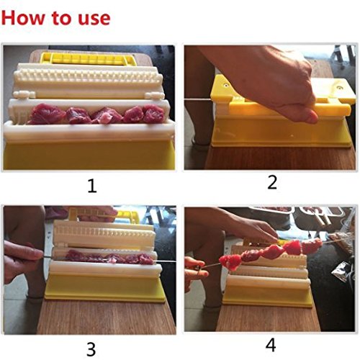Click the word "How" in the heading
coord(23,17)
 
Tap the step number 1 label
coord(92,186)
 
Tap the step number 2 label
coord(272,183)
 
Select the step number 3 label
coord(91,349)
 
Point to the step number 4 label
coord(271,346)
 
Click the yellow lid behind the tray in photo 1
coord(88,58)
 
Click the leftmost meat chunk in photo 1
coord(45,114)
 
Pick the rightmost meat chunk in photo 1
coord(153,113)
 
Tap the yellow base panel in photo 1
coord(89,155)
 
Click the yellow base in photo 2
coord(280,132)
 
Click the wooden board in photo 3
coord(106,317)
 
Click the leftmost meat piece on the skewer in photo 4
coord(230,262)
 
